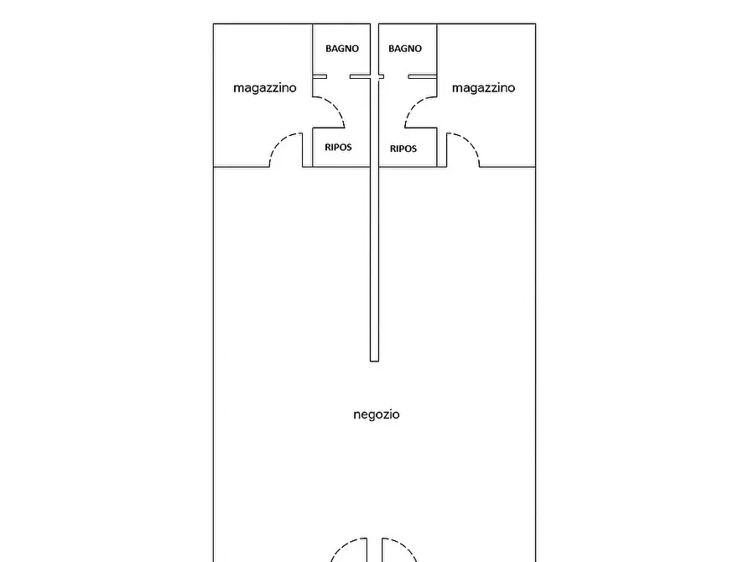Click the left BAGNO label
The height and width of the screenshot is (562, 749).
(342, 49)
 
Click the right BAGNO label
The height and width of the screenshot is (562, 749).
(405, 49)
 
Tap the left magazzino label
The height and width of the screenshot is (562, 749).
(265, 88)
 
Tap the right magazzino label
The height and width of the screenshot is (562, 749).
(483, 88)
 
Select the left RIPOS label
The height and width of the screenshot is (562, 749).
(338, 147)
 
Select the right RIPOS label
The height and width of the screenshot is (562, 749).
(403, 148)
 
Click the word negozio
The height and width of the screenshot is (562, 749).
(377, 414)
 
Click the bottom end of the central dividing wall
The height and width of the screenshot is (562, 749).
(374, 361)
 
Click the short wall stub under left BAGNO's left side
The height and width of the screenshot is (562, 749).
(320, 76)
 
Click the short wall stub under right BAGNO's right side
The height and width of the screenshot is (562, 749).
(422, 76)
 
